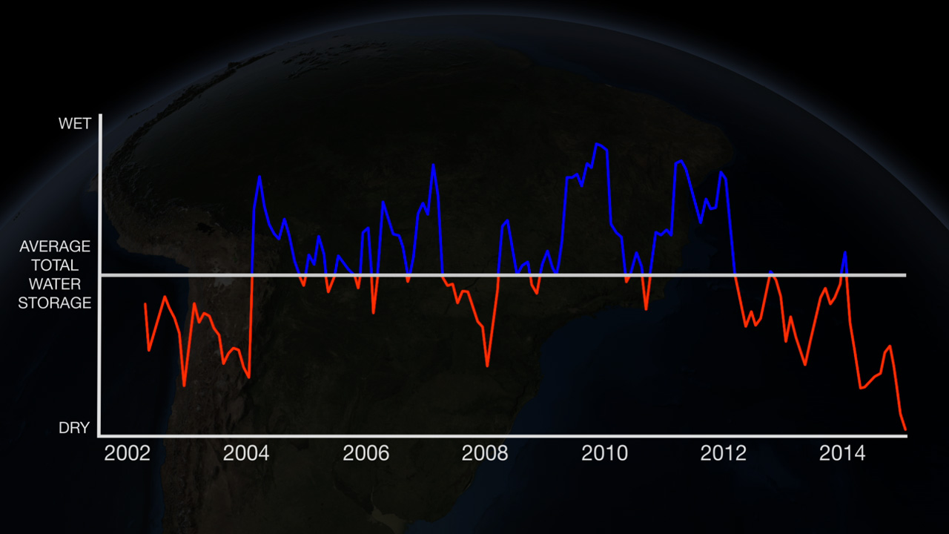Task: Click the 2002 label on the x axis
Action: pos(127,453)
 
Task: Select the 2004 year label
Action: pos(246,453)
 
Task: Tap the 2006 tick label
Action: pos(366,453)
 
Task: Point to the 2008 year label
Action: pos(485,453)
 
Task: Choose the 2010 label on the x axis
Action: pos(604,453)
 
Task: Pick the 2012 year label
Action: pos(724,453)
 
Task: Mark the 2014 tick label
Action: pos(842,453)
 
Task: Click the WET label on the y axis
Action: pos(75,124)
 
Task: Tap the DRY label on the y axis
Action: pos(74,428)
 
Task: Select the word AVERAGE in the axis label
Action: pos(55,246)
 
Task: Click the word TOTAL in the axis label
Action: pos(55,265)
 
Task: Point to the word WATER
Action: pos(55,284)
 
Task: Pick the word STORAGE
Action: pos(55,303)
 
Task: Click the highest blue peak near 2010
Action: pos(598,144)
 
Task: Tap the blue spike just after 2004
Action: pos(259,177)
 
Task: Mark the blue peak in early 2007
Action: pos(433,165)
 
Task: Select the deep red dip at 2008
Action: pos(487,366)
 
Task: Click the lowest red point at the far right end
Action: pos(905,429)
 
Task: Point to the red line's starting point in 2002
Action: pos(145,304)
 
